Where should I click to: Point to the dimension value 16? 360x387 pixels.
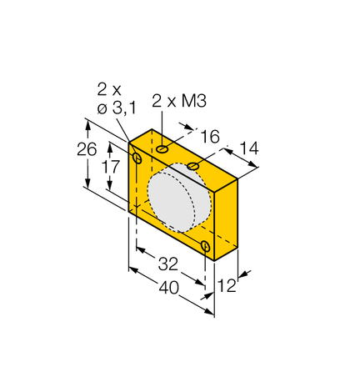pyautogui.click(x=211, y=136)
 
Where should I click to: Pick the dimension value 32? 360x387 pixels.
pyautogui.click(x=168, y=264)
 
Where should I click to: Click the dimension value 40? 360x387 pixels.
pyautogui.click(x=168, y=288)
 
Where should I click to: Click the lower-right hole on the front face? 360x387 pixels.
pyautogui.click(x=206, y=244)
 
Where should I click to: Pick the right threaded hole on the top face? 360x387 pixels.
pyautogui.click(x=193, y=168)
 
